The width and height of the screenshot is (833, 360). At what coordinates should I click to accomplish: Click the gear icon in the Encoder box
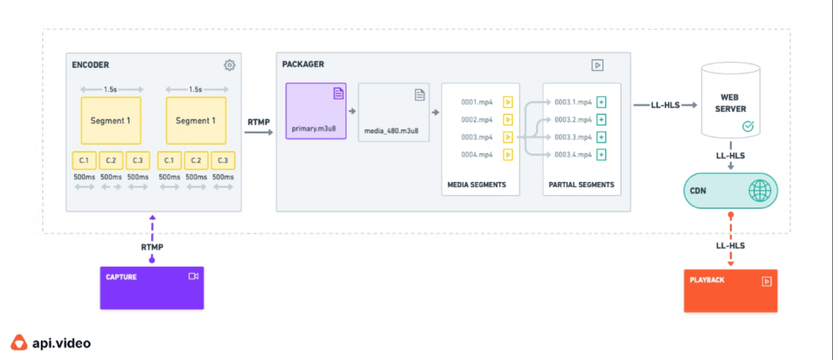(229, 65)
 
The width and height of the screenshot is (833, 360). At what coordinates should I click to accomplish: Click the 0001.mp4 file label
(477, 102)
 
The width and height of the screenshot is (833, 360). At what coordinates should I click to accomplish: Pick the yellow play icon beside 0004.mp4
(508, 155)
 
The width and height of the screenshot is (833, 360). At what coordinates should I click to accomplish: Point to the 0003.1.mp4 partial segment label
(573, 102)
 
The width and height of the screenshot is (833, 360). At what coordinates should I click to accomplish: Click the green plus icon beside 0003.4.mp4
(602, 155)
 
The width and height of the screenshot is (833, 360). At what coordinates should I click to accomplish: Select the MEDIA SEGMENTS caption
(477, 185)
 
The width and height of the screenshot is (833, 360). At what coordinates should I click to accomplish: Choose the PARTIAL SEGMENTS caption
(582, 185)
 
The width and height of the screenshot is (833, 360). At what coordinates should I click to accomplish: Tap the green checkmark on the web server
(747, 126)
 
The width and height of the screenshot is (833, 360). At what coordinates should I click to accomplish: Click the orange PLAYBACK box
(730, 291)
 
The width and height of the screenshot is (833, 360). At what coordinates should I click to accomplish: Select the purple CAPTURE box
(152, 288)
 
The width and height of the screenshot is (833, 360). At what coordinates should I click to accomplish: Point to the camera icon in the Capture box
(193, 276)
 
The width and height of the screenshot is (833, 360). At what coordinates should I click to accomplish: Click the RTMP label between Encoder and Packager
(258, 122)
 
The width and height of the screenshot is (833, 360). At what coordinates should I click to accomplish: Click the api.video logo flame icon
(19, 342)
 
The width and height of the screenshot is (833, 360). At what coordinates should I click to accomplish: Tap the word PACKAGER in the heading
(303, 64)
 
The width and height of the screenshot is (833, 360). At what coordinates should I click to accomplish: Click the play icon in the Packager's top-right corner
(597, 65)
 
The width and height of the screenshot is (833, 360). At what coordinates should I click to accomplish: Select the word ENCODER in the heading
(90, 65)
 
